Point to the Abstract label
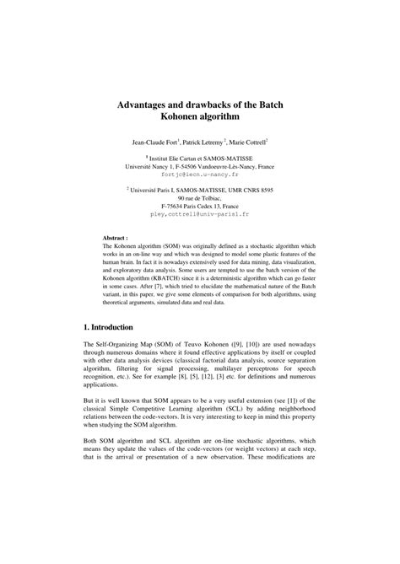click(115, 239)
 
